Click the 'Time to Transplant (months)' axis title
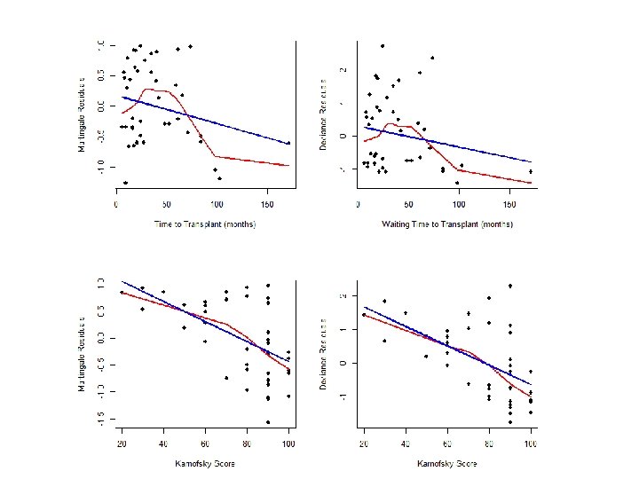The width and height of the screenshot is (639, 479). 204,224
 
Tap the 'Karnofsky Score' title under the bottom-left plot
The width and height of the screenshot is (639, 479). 204,463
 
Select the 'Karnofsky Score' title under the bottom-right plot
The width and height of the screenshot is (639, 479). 446,463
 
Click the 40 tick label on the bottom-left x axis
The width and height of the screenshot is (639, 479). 163,443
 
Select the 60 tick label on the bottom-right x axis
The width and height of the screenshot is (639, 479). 447,443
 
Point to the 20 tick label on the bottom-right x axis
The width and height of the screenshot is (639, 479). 364,443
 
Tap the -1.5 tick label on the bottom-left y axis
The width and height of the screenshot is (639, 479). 99,417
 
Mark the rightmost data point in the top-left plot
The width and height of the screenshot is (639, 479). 288,143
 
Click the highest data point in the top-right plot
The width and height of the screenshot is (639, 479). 382,46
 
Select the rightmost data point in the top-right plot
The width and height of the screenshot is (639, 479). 530,171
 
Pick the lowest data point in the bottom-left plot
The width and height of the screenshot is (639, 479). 267,421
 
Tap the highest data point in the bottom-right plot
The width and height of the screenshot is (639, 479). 510,286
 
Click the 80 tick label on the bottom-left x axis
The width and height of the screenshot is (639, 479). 247,443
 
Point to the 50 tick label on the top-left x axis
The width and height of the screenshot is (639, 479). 167,204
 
